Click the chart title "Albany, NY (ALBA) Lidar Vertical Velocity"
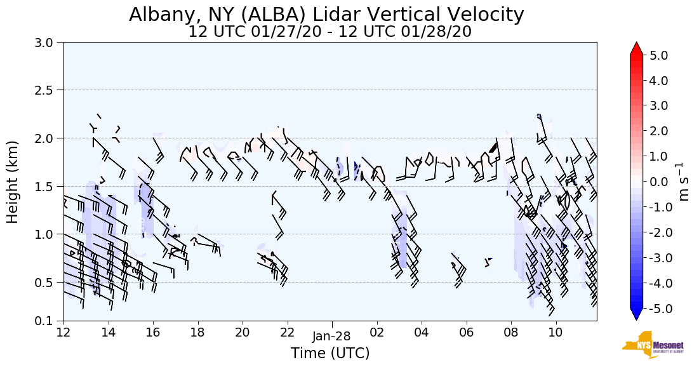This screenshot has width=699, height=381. [327, 15]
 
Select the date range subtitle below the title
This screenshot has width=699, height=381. [330, 32]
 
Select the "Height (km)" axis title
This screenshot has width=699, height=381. [13, 182]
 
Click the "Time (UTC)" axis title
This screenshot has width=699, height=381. [330, 353]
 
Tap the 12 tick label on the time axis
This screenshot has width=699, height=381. [63, 332]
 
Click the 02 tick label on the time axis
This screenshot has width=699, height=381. [376, 332]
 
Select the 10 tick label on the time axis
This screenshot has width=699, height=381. [556, 332]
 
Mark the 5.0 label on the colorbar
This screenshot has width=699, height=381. [659, 55]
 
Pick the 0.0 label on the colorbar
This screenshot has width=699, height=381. [659, 182]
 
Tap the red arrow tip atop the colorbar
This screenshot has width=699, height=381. [637, 48]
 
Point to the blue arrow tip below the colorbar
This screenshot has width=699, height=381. [637, 315]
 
